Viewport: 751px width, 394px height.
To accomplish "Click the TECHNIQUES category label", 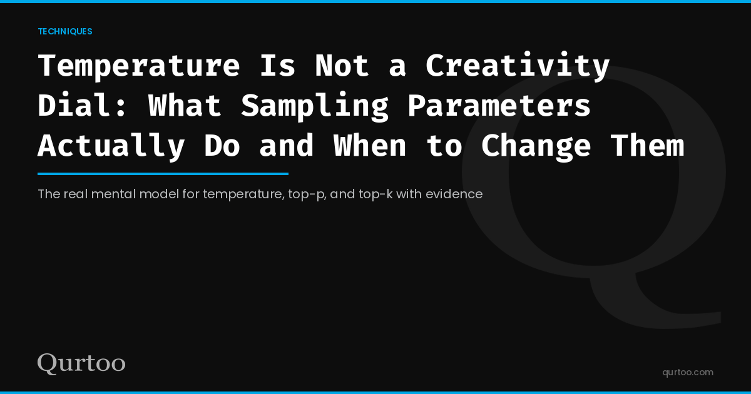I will [65, 31].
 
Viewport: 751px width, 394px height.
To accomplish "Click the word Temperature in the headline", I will [139, 66].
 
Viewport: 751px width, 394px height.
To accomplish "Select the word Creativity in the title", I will [518, 66].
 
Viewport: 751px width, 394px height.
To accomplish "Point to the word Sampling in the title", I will [315, 106].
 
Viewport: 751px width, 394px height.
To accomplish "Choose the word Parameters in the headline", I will [499, 106].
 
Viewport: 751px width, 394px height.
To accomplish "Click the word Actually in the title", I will [111, 146].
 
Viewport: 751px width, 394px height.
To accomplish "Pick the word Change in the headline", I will [536, 146].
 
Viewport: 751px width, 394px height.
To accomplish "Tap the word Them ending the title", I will [647, 146].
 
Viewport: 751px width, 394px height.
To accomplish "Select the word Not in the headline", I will [342, 66].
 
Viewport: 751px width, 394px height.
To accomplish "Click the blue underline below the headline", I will [163, 174].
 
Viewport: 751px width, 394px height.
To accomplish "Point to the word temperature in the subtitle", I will [244, 194].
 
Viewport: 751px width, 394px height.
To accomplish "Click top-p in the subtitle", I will [306, 194].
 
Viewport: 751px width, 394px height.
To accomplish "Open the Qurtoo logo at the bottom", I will [81, 363].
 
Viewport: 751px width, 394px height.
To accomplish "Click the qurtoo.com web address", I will [688, 372].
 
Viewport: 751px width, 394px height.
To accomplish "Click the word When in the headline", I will [370, 146].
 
